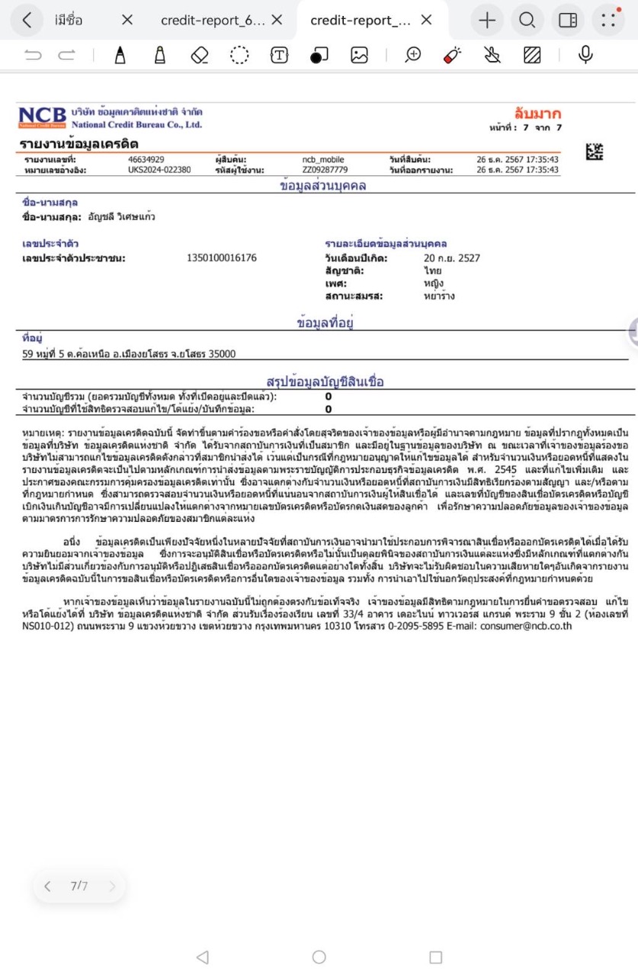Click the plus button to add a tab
[x=487, y=21]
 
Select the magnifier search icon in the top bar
[x=527, y=21]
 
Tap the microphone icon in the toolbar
[x=585, y=55]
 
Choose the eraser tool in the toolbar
[x=200, y=55]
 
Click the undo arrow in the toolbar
[x=33, y=55]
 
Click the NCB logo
[x=43, y=117]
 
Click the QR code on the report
[x=595, y=152]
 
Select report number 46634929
[x=146, y=159]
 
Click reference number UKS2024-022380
[x=159, y=170]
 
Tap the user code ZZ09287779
[x=325, y=170]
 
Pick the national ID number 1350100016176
[x=222, y=258]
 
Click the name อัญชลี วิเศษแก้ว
[x=122, y=217]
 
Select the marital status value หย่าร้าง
[x=439, y=296]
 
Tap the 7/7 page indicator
[x=79, y=886]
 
